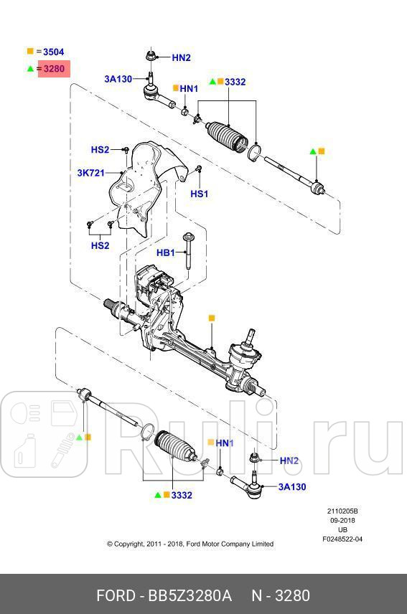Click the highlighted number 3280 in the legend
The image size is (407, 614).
pyautogui.click(x=54, y=69)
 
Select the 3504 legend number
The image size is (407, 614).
pyautogui.click(x=54, y=52)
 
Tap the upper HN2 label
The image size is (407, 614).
pyautogui.click(x=181, y=57)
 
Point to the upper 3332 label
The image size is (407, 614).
pyautogui.click(x=235, y=82)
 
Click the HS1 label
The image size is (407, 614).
pyautogui.click(x=199, y=194)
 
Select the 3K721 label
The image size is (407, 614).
pyautogui.click(x=91, y=173)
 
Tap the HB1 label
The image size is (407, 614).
pyautogui.click(x=166, y=252)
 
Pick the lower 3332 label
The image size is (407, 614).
pyautogui.click(x=182, y=495)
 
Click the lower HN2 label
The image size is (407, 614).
pyautogui.click(x=289, y=461)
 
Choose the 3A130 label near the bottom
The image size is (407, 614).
pyautogui.click(x=292, y=487)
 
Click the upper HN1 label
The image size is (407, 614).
pyautogui.click(x=189, y=88)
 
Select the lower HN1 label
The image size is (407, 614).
pyautogui.click(x=225, y=443)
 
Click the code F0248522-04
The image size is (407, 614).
pyautogui.click(x=342, y=539)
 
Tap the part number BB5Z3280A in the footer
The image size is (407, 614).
pyautogui.click(x=190, y=596)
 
